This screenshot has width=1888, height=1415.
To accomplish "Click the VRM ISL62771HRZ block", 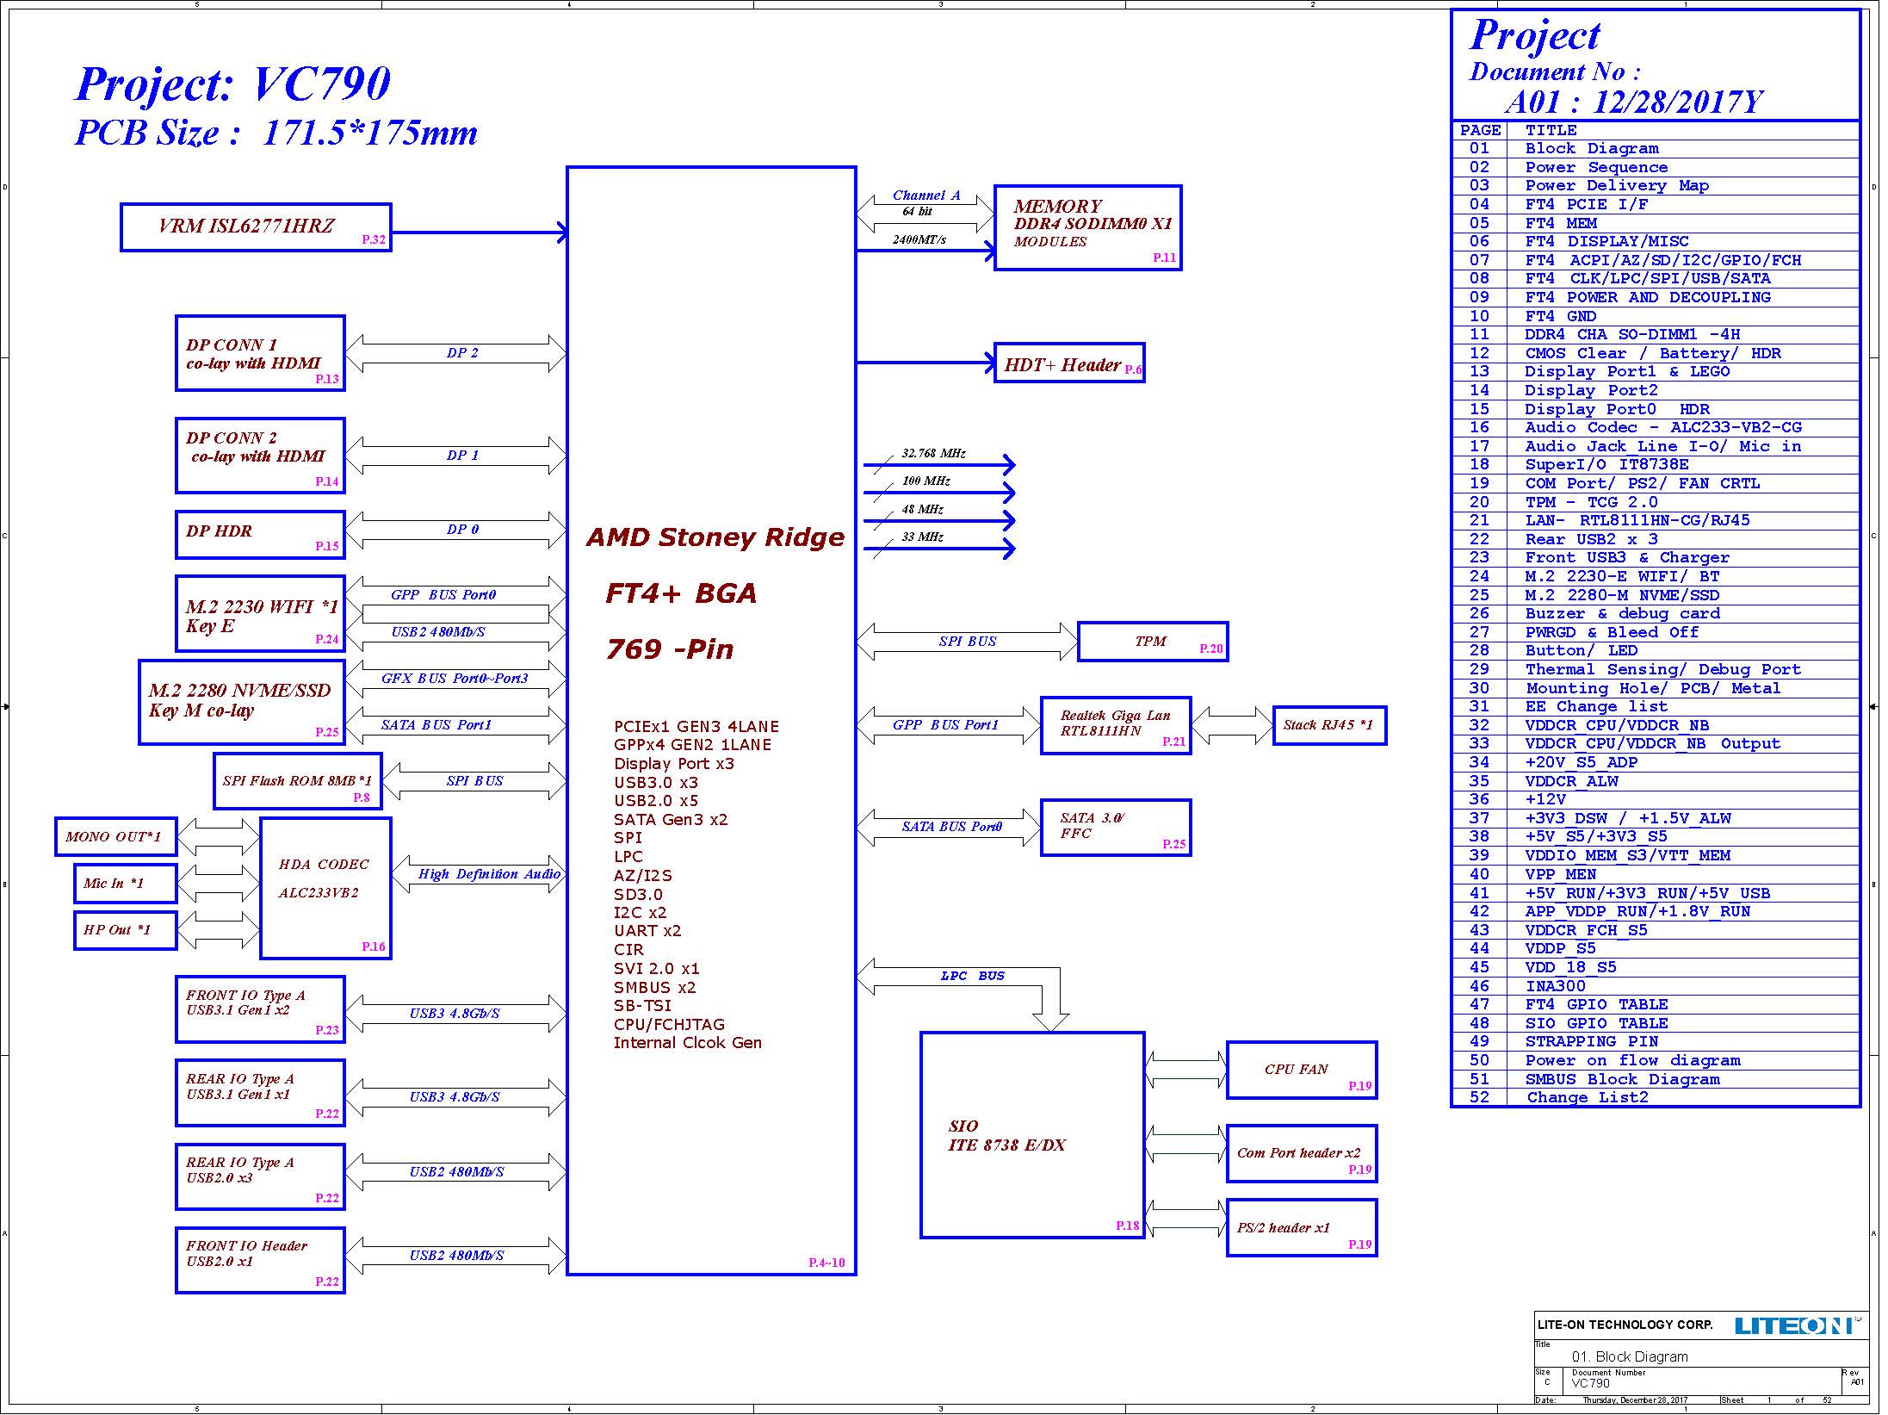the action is [x=256, y=227].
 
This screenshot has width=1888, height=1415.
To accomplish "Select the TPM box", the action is [x=1153, y=642].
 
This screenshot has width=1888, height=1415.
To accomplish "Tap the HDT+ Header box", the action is [x=1069, y=363].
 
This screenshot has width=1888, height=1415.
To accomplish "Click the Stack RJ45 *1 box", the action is [x=1329, y=725].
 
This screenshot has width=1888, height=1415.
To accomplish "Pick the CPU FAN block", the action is [x=1302, y=1071].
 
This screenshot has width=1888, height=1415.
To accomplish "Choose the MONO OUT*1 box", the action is [x=116, y=837].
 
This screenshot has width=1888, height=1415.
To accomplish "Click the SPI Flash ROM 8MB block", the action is [x=298, y=781].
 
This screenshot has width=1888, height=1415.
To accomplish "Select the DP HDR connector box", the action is [x=260, y=535].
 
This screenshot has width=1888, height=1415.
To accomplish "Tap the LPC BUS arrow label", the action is [x=973, y=976].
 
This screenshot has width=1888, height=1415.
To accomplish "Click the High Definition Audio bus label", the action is [x=489, y=874].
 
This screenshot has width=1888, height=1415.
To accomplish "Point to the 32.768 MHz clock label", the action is [x=934, y=453].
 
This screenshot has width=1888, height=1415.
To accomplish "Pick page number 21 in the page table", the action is [x=1479, y=521].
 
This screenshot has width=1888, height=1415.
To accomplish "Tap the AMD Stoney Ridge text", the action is [x=715, y=537].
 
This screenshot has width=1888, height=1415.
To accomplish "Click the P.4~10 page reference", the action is [x=826, y=1263].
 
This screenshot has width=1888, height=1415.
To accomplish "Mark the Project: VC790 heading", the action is [x=233, y=84].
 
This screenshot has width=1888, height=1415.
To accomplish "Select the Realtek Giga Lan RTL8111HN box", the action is [x=1116, y=726].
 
